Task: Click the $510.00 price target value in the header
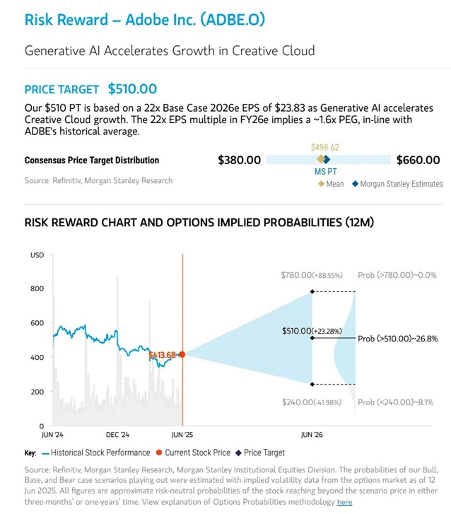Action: pos(132,89)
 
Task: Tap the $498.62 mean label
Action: pos(324,147)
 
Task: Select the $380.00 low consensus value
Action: pos(239,160)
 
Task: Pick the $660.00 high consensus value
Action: pos(418,160)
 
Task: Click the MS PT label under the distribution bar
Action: pos(326,172)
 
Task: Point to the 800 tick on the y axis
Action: pos(36,288)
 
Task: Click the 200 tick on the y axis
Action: pos(36,392)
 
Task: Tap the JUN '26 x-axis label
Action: pos(312,435)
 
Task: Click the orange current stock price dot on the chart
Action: pos(182,354)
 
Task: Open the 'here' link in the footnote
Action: pos(344,502)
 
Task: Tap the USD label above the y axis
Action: pos(37,255)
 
